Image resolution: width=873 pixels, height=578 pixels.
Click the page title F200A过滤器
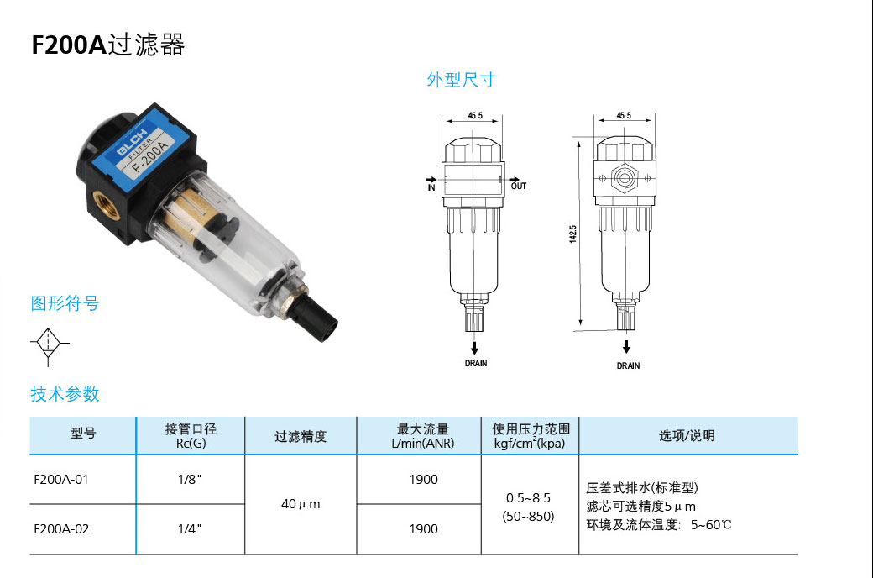coord(108,45)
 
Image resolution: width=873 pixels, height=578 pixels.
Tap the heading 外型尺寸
coord(461,81)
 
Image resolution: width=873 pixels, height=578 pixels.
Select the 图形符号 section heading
coord(65,303)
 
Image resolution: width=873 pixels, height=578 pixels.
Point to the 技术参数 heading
coord(65,393)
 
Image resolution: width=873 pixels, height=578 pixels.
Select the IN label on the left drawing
coord(431,186)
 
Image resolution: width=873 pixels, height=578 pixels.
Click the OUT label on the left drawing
coord(519,186)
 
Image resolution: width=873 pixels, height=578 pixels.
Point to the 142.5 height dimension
coord(573,233)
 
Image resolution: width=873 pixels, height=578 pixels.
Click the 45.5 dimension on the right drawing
coord(624,115)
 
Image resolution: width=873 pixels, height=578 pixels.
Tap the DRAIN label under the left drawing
coord(475,364)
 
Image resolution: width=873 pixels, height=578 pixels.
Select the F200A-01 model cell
coord(60,480)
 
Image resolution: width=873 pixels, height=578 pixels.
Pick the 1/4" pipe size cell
coord(190,528)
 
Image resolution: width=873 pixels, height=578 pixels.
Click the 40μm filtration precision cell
coord(301,504)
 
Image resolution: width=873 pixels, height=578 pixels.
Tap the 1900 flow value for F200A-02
coord(423,528)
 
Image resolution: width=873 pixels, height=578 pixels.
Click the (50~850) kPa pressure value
coord(528,517)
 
